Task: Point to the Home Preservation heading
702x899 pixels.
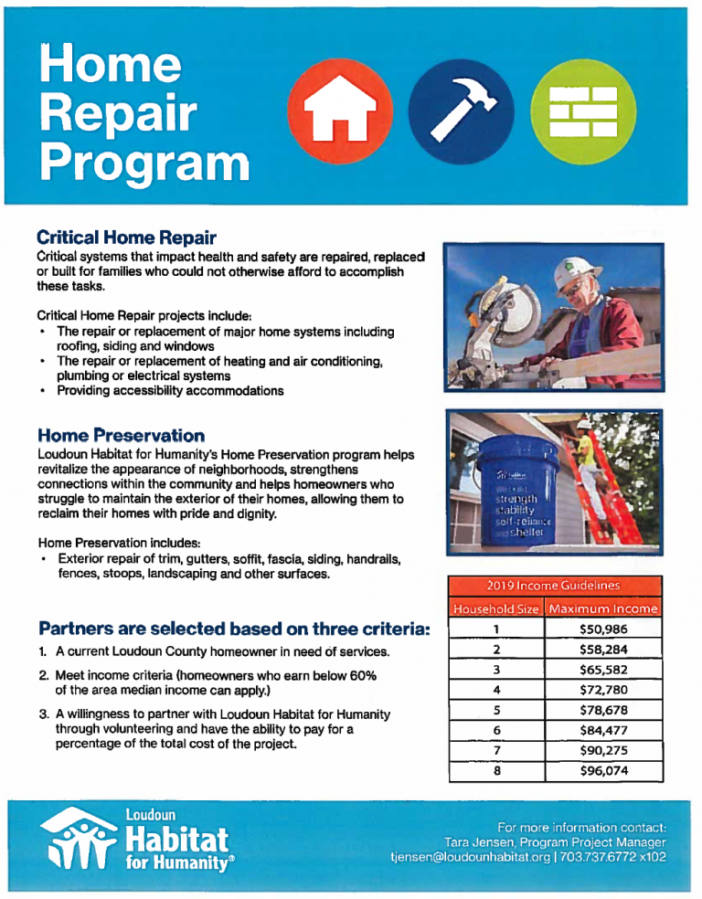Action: click(121, 435)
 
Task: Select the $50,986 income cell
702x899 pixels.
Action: click(602, 629)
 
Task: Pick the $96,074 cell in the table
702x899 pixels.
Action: click(602, 770)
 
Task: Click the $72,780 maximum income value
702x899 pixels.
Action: click(602, 689)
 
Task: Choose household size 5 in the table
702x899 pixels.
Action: click(495, 710)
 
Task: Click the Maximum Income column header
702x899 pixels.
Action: click(602, 608)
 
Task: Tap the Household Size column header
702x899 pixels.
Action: click(496, 608)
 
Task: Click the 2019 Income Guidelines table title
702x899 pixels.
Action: click(554, 586)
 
